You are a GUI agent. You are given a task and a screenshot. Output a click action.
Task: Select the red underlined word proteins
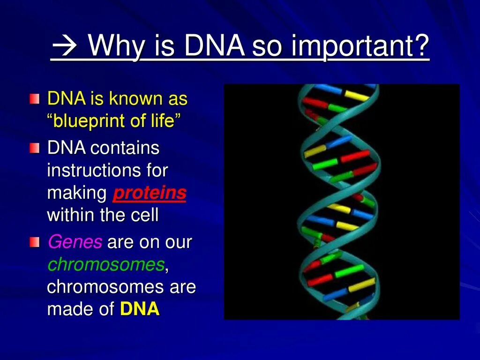click(x=150, y=194)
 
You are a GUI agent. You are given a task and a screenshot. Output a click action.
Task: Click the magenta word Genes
click(x=75, y=242)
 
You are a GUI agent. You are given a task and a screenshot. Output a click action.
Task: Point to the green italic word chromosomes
click(x=106, y=264)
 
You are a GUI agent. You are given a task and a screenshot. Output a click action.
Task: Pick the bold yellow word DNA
click(x=140, y=308)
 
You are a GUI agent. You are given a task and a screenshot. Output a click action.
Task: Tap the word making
click(x=77, y=194)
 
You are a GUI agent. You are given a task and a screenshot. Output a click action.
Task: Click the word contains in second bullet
click(x=125, y=148)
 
